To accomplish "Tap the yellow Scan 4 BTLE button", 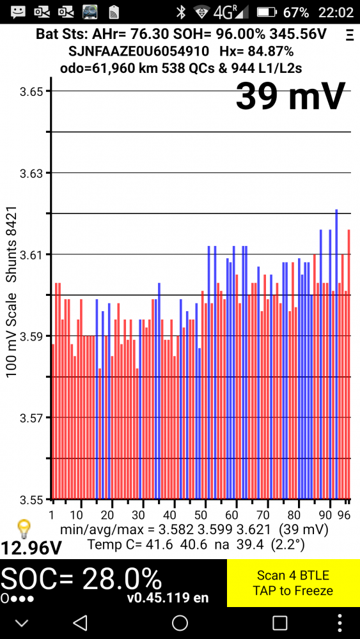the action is (293, 582).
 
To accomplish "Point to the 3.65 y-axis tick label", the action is (31, 91).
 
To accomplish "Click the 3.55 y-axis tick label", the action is (31, 499).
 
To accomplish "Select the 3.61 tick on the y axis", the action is (31, 254).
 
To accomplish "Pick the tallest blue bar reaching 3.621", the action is (336, 354).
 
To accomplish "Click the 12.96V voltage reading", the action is (31, 548).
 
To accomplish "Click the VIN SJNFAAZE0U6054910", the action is (139, 51).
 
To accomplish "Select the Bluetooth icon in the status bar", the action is (180, 12).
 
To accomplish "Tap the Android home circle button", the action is (180, 622).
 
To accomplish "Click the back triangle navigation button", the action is (80, 622).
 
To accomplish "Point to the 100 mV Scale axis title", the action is (11, 335).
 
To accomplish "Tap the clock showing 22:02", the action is (336, 12).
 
